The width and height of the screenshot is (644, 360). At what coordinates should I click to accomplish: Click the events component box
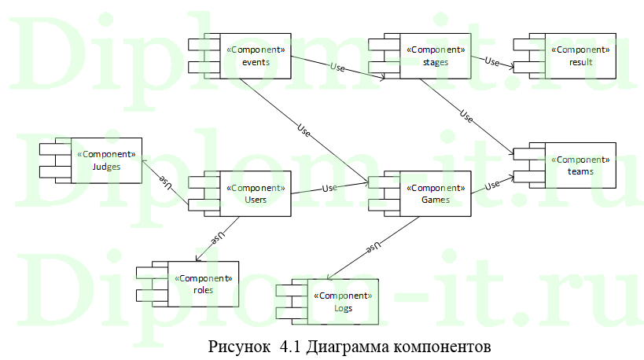coord(253,56)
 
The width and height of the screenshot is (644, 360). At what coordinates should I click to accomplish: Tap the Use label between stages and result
coord(492,61)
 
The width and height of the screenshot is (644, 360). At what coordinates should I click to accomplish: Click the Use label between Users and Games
coord(329,189)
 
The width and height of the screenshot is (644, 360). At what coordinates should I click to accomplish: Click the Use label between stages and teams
coord(466,119)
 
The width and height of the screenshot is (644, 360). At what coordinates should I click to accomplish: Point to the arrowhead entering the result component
coord(511,68)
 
